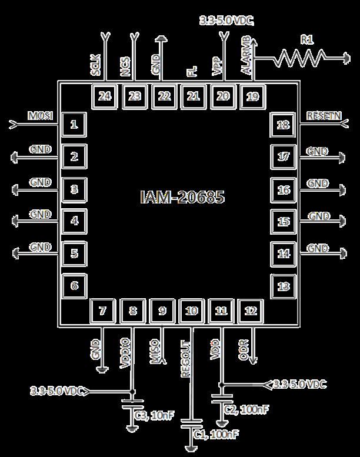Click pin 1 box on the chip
(x=74, y=124)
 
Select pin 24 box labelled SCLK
(x=105, y=96)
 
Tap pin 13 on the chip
(x=284, y=286)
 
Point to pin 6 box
(x=74, y=286)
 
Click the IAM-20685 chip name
(x=182, y=196)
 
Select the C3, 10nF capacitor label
(x=154, y=416)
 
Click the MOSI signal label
(x=41, y=115)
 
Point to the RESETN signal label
(x=324, y=116)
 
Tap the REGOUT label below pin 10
(x=186, y=358)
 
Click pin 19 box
(x=252, y=96)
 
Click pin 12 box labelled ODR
(x=251, y=311)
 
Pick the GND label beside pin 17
(x=318, y=152)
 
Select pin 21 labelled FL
(x=193, y=96)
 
